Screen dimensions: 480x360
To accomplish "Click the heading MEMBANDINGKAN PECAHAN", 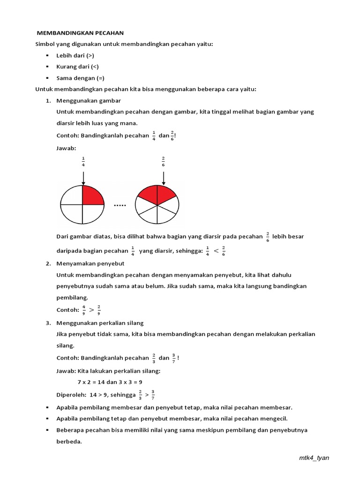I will click(80, 33).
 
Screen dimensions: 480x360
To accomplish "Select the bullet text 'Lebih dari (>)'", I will click(75, 55).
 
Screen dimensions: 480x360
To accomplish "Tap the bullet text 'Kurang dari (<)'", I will click(77, 67).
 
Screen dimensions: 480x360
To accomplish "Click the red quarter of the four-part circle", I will click(93, 195).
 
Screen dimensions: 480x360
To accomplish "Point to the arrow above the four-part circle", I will click(83, 177).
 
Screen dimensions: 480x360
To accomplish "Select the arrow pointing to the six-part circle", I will click(163, 177).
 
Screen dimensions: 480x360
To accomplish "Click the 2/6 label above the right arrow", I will click(163, 162).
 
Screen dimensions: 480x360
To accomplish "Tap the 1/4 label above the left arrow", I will click(83, 162).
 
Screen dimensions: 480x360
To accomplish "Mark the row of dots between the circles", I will click(120, 205).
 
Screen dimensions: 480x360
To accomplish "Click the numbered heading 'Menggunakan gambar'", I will click(89, 101).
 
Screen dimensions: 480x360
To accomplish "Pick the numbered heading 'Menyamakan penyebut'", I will click(90, 263).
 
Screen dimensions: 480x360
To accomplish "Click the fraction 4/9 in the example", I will click(84, 310).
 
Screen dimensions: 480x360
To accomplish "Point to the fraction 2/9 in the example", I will click(99, 310).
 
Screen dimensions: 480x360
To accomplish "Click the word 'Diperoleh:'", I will click(71, 395).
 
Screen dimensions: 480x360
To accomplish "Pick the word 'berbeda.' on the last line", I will click(69, 441).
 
